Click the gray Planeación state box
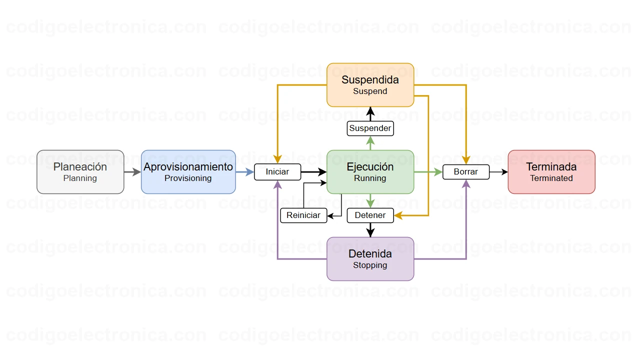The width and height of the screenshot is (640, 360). [x=80, y=171]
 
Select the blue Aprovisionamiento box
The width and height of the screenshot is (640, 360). [x=188, y=171]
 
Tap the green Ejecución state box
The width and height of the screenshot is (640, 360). [x=370, y=171]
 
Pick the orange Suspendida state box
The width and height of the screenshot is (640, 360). [x=370, y=84]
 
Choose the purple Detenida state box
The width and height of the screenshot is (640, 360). [x=370, y=258]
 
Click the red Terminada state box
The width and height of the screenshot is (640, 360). [x=551, y=171]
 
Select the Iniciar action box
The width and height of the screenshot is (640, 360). [x=277, y=172]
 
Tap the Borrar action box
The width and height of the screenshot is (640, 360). [x=466, y=172]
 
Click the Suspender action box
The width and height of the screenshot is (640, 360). [x=370, y=128]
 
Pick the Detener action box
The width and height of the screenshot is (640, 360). [x=370, y=215]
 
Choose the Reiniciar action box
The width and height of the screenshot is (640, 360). [x=303, y=215]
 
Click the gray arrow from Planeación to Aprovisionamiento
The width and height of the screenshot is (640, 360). [x=132, y=172]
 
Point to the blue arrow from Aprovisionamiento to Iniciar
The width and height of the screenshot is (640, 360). [x=245, y=172]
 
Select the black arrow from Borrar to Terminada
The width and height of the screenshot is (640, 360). [x=498, y=172]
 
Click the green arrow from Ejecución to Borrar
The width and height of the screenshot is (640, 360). [x=428, y=172]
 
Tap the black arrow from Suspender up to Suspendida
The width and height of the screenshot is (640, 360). [x=370, y=114]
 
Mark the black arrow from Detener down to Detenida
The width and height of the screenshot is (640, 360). [x=370, y=230]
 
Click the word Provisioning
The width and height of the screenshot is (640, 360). [x=188, y=178]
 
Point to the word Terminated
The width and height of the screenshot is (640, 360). [x=551, y=178]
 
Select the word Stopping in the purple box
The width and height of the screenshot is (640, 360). [x=370, y=265]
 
